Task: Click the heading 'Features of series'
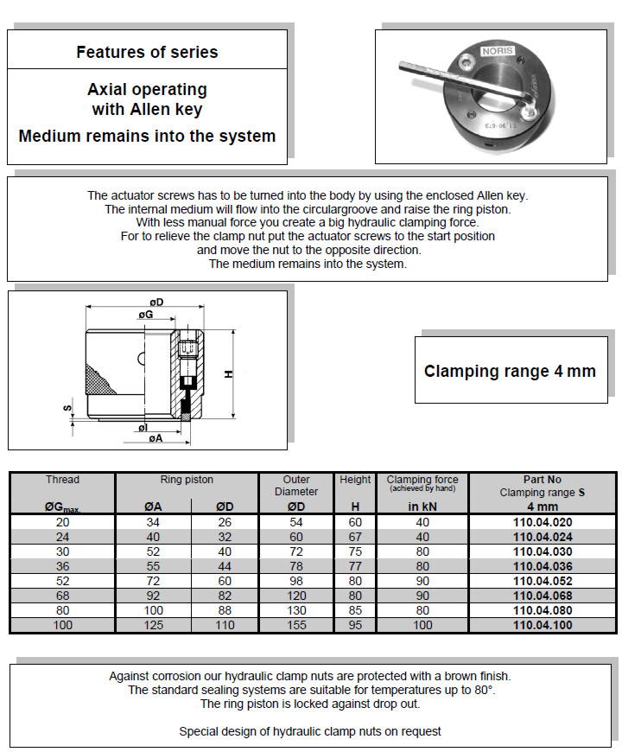tap(147, 52)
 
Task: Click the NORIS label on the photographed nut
tap(498, 51)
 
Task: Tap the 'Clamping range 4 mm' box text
tap(510, 372)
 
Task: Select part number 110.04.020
tap(542, 522)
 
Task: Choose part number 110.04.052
tap(542, 582)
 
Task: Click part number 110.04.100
tap(542, 625)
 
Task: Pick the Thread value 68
tap(62, 596)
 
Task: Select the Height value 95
tap(355, 625)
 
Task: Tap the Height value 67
tap(355, 537)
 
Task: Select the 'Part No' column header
tap(542, 480)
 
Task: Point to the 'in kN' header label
tap(422, 507)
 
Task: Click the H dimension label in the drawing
tap(228, 373)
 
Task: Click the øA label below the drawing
tap(155, 439)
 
